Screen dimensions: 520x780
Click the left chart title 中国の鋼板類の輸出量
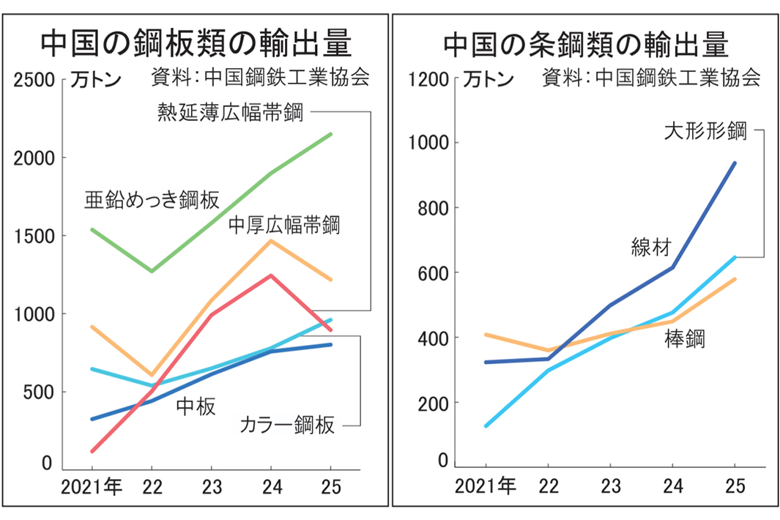click(196, 45)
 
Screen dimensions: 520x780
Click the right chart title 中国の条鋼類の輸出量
click(586, 45)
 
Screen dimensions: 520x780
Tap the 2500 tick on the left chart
click(34, 80)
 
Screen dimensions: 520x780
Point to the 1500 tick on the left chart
click(34, 236)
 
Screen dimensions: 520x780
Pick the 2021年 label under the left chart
click(92, 486)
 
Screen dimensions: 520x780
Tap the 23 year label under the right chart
click(610, 486)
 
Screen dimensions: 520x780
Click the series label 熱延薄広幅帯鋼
click(229, 113)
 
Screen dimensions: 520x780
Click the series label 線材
click(650, 248)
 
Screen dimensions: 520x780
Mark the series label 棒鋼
click(686, 339)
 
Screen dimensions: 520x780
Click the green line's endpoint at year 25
click(331, 134)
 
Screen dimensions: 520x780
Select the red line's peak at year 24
click(271, 275)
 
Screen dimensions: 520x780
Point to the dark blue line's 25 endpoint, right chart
click(735, 163)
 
